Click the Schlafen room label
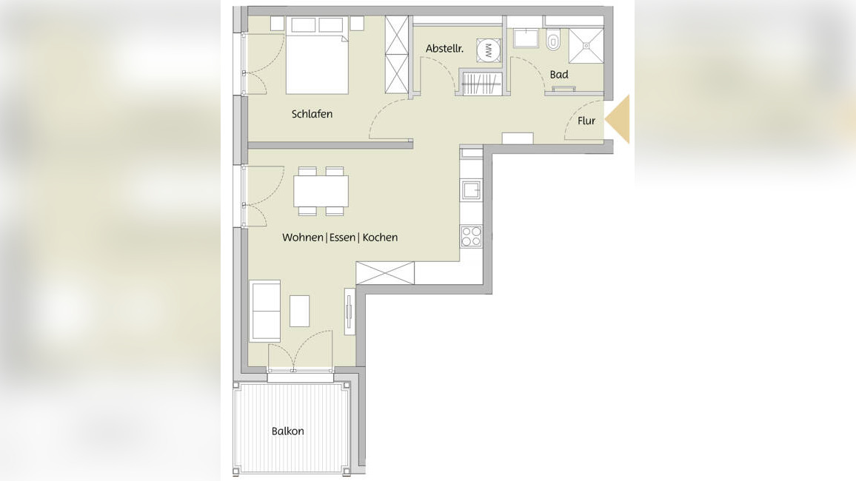(312, 114)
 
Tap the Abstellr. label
(444, 49)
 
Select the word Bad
(559, 75)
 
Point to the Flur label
(586, 121)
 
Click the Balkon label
(288, 431)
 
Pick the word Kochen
(380, 238)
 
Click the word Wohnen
(302, 238)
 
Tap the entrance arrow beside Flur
(618, 119)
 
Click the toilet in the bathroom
(554, 41)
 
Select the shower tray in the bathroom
(586, 46)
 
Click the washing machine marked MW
(488, 51)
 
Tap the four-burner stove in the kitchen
(471, 236)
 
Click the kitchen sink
(471, 189)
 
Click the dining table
(321, 192)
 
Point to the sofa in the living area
(265, 311)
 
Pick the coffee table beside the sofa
(299, 311)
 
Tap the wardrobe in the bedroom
(397, 55)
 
